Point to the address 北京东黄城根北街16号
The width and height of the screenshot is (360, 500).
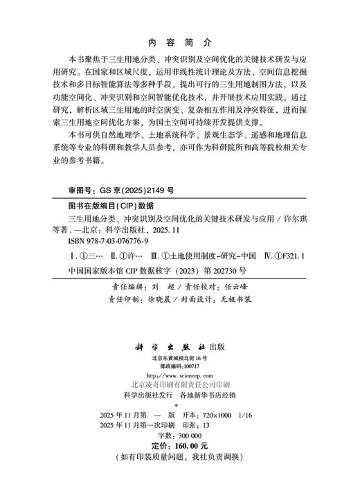tap(179, 357)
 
